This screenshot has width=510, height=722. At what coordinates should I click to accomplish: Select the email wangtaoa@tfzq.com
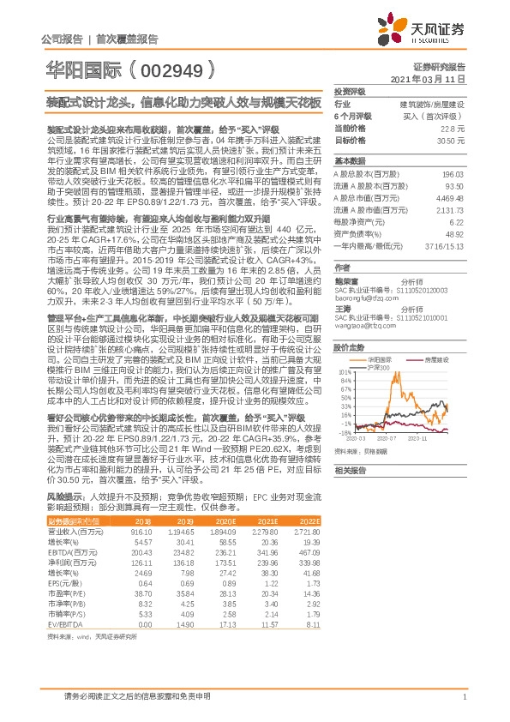363,327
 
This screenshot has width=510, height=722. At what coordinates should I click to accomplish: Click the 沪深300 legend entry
377,368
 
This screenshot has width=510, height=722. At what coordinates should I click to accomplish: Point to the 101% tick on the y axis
344,371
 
